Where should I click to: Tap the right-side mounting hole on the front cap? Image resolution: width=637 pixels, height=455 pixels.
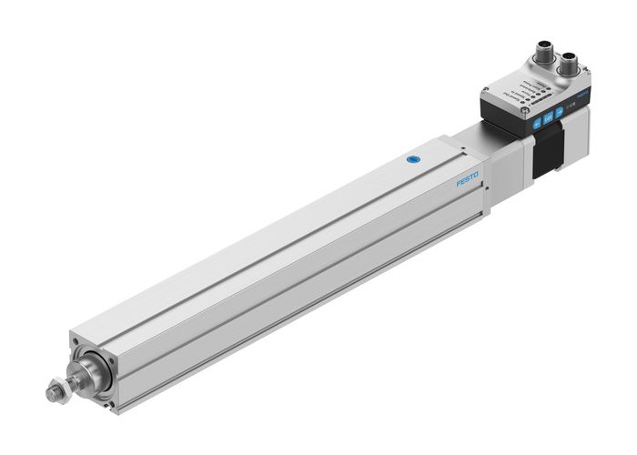pos(113,365)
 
